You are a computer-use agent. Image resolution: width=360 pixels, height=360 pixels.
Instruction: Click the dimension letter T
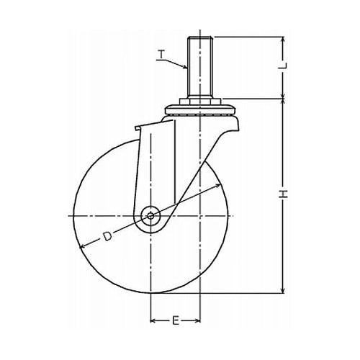coord(162,54)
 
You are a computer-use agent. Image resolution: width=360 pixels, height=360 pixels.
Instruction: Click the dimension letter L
coord(284,66)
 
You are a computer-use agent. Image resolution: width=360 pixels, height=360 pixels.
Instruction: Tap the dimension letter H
coord(284,194)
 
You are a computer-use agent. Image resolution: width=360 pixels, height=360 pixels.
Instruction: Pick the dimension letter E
coord(176,320)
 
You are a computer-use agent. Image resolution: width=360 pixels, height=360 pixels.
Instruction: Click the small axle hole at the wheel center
coord(150,216)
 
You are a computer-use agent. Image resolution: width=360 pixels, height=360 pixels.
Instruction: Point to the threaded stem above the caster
coord(200,67)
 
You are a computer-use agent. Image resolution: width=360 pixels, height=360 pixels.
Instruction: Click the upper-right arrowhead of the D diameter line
coord(217,185)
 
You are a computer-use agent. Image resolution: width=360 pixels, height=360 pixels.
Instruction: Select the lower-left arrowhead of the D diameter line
coord(82,246)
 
